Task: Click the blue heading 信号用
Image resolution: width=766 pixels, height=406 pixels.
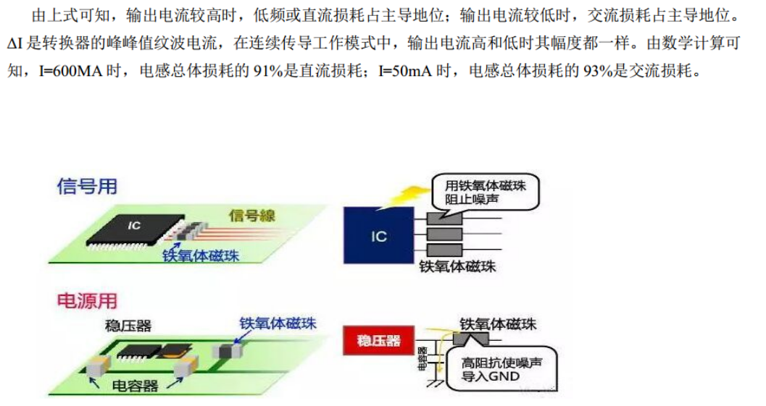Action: (x=88, y=186)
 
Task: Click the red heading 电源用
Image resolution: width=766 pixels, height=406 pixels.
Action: (x=87, y=300)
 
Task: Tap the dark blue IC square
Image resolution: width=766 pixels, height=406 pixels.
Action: (x=378, y=235)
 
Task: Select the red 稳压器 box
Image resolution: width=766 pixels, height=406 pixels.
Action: (x=378, y=340)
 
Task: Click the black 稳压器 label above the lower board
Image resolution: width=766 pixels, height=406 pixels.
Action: (x=128, y=326)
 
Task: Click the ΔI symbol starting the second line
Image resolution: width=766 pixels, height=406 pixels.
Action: (x=16, y=44)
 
